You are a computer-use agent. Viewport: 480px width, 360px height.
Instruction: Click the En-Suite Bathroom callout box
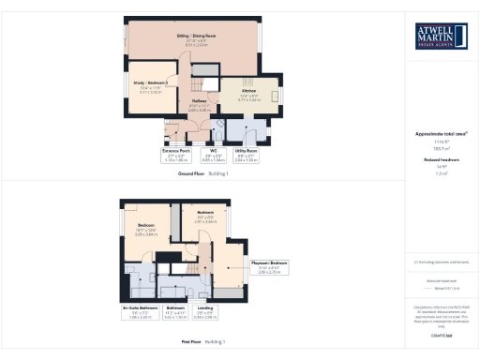click(x=139, y=312)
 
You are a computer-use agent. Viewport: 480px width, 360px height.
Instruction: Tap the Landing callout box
click(x=206, y=312)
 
